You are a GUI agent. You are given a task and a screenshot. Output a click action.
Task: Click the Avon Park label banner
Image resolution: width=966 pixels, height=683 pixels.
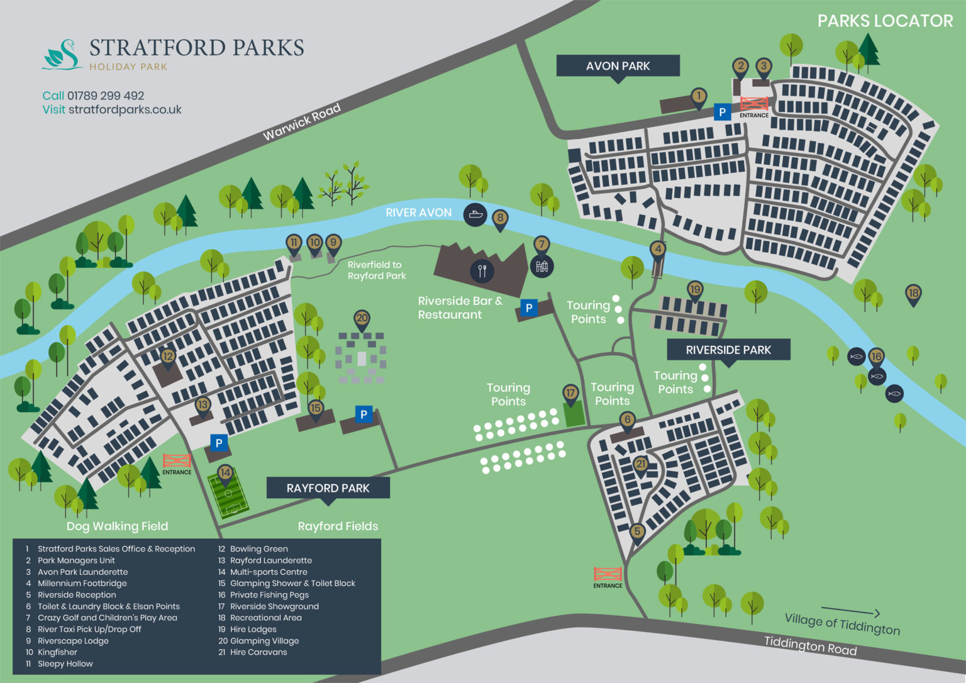pos(618,66)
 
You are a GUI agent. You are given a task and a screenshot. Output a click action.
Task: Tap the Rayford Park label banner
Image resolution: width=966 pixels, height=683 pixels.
pos(328,488)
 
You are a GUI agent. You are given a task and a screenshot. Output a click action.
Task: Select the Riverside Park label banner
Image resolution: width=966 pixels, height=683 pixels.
pos(728,350)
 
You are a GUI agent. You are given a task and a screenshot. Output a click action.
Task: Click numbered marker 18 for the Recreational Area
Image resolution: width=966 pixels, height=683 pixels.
pos(913,293)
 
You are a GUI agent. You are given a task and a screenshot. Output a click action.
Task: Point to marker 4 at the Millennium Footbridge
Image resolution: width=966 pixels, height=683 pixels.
pos(658,249)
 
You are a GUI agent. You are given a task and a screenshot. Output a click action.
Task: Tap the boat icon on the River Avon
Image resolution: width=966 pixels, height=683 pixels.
pos(475,214)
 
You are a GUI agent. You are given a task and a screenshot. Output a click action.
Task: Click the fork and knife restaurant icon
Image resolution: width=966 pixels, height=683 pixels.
pos(482,270)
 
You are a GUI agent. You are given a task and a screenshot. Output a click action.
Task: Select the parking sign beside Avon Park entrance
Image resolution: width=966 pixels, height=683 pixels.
pos(722,113)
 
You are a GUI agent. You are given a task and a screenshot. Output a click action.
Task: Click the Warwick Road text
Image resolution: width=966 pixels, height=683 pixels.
pos(301,121)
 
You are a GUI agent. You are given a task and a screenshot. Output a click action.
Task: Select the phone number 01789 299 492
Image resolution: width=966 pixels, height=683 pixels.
pos(106,96)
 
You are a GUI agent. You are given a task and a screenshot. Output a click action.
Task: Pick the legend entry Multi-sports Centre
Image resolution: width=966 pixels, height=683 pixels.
pos(269,572)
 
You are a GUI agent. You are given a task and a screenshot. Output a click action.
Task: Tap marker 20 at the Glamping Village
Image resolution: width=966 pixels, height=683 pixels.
pos(362,319)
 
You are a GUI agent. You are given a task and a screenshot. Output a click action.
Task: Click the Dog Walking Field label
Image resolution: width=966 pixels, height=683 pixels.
pos(118,526)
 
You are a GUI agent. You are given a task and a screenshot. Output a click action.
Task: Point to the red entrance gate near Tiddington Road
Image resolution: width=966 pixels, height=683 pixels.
pos(608,574)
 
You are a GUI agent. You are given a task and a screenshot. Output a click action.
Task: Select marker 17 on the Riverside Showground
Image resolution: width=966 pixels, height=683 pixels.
pos(570,394)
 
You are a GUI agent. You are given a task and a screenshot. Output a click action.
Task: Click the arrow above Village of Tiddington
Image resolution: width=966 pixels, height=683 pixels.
pos(850,611)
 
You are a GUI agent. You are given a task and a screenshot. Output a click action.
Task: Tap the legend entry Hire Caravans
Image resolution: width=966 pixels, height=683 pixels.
pos(258,652)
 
